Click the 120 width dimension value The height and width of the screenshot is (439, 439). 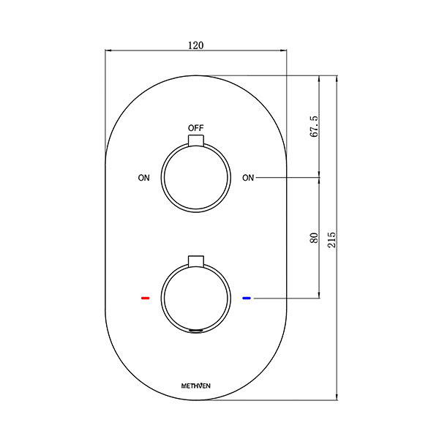point(195,45)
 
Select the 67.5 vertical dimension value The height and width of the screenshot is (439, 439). point(313,126)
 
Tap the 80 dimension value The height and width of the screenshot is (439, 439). point(313,238)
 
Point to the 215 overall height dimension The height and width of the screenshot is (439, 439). point(331,239)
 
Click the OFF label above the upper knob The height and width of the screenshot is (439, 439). point(195,128)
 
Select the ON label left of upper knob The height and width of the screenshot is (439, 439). point(143,178)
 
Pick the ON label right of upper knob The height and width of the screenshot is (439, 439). point(249,178)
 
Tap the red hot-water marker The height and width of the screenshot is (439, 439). point(145,299)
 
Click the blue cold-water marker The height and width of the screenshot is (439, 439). point(247,299)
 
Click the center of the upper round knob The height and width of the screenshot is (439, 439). point(195,178)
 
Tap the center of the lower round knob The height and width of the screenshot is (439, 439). point(195,299)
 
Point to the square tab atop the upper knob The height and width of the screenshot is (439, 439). point(195,140)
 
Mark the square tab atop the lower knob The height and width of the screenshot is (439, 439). point(195,261)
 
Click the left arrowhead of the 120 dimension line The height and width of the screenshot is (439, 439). point(110,50)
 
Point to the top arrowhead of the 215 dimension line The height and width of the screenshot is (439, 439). point(337,78)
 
